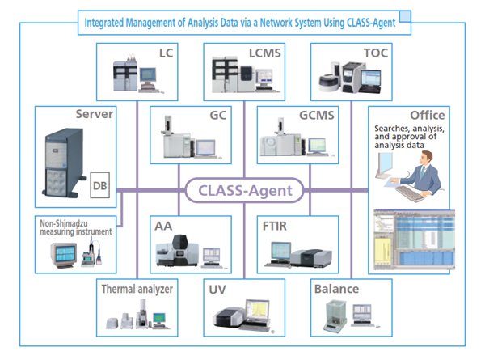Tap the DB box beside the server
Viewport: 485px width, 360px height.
100,185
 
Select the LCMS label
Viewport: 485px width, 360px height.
265,53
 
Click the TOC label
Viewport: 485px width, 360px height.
376,53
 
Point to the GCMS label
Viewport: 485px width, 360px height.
316,115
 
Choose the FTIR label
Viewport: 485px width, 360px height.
274,226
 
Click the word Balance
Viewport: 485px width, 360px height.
336,289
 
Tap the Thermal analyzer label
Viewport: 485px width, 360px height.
137,289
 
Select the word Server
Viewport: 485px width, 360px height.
95,114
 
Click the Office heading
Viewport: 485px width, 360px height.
428,115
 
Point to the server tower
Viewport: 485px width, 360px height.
64,163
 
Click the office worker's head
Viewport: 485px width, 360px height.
427,159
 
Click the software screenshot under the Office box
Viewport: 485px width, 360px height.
414,239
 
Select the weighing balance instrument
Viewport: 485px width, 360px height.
335,316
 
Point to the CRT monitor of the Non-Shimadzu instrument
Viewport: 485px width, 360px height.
64,255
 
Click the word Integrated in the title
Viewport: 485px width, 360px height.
104,23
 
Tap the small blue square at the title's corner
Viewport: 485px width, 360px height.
405,16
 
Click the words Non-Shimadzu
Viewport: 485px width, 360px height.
64,223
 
